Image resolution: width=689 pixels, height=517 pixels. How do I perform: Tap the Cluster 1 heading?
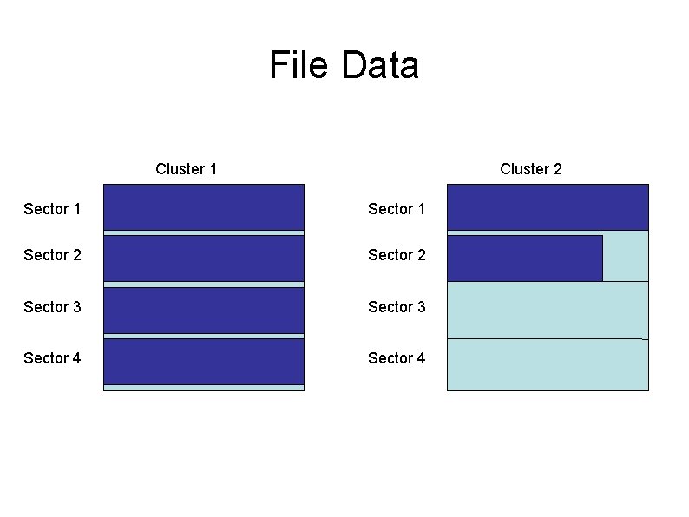click(x=186, y=169)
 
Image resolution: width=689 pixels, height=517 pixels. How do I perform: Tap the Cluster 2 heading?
click(x=530, y=169)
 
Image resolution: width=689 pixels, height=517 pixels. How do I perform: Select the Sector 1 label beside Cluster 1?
click(x=52, y=209)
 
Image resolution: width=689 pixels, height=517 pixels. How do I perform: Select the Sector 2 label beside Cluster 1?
click(x=52, y=255)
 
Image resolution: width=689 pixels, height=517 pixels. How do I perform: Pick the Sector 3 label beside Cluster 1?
click(x=52, y=307)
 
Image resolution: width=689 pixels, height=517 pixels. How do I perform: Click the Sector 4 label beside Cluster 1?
click(x=52, y=358)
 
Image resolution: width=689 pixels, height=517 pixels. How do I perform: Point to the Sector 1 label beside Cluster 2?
click(x=397, y=209)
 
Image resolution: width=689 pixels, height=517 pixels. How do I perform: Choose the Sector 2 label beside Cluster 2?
click(x=397, y=255)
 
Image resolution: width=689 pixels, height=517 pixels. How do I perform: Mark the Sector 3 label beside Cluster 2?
click(x=397, y=307)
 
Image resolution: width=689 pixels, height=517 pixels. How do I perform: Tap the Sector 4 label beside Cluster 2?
click(x=397, y=358)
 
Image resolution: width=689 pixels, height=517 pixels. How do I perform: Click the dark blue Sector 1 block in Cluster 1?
click(x=203, y=206)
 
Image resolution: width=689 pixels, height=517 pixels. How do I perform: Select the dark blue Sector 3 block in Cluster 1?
click(x=203, y=310)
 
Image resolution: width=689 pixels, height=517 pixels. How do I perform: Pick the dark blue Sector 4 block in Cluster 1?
click(x=203, y=361)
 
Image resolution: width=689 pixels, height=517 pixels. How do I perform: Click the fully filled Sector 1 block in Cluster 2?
click(x=547, y=206)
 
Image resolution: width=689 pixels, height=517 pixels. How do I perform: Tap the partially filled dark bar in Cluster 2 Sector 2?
click(x=524, y=258)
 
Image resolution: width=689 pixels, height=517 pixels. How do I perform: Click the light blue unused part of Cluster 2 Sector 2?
click(x=625, y=258)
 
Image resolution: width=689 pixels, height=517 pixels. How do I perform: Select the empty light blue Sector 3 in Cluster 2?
click(x=547, y=310)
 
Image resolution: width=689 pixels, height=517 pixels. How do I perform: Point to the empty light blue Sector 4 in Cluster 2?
click(x=547, y=364)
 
